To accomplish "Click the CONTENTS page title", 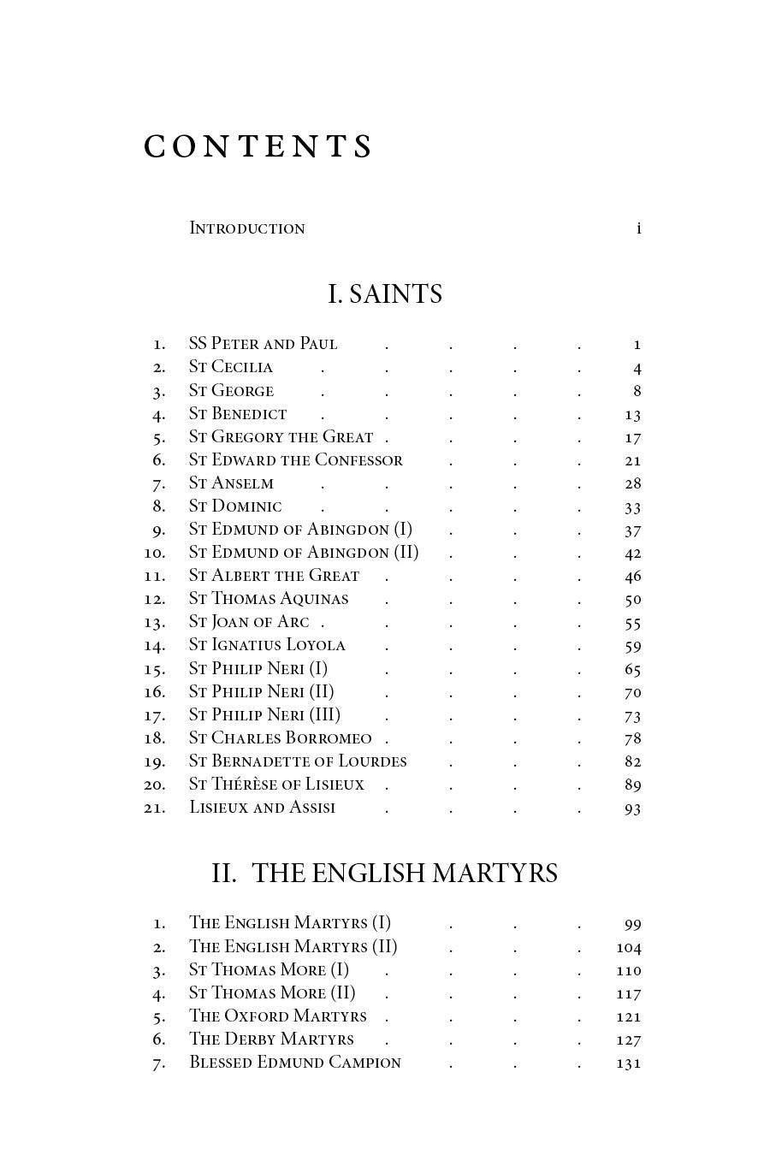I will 258,147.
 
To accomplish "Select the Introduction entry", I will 247,228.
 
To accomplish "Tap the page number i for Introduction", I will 638,228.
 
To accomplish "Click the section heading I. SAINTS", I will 385,294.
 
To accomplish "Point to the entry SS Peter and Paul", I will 263,344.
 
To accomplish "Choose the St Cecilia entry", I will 231,367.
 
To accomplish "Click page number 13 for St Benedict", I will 632,414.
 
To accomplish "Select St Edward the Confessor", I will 295,460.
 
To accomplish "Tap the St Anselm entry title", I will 231,483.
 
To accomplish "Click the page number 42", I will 632,554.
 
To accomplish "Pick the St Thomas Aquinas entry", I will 269,599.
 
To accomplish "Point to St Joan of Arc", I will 249,622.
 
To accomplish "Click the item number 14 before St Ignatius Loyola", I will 155,646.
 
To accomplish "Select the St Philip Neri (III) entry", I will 264,715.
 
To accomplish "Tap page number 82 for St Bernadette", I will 632,761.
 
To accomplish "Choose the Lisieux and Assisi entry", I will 262,808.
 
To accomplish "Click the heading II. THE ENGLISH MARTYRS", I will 385,874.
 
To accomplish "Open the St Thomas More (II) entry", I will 272,993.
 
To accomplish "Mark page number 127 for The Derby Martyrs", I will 629,1039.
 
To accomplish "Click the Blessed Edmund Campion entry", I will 295,1063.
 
